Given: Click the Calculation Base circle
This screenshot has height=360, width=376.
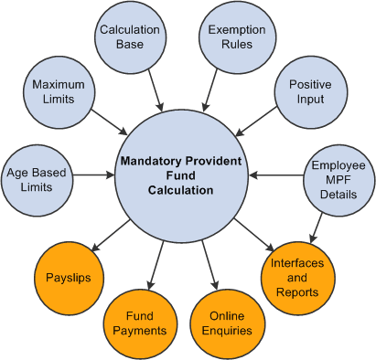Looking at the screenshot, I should coord(131,37).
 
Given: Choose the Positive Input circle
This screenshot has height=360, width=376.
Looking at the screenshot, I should coord(309,91).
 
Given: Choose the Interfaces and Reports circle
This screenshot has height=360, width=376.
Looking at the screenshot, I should coord(295,277).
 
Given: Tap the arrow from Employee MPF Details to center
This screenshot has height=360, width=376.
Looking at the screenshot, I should coord(277,175).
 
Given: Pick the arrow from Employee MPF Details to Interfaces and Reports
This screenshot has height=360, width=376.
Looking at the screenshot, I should coord(318,225).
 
